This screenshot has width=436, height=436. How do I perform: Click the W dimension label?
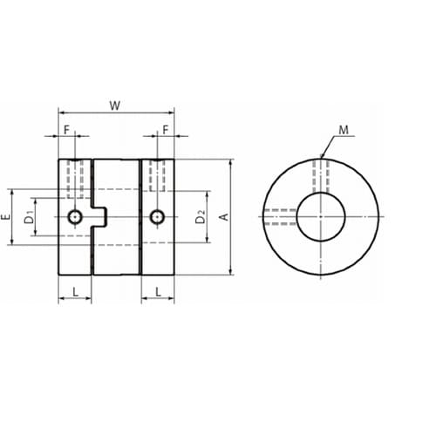tap(115, 106)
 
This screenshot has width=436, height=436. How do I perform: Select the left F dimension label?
tap(66, 130)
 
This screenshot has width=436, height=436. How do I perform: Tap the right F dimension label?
tap(166, 130)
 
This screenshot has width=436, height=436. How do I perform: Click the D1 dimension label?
tap(29, 218)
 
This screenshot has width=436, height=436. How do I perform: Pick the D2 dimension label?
tap(200, 217)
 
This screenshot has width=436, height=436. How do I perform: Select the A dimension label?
tap(225, 217)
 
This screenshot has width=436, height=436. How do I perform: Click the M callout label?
tap(344, 130)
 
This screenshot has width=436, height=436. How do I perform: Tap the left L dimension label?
tap(75, 291)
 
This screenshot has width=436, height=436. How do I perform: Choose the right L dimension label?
tap(158, 291)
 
